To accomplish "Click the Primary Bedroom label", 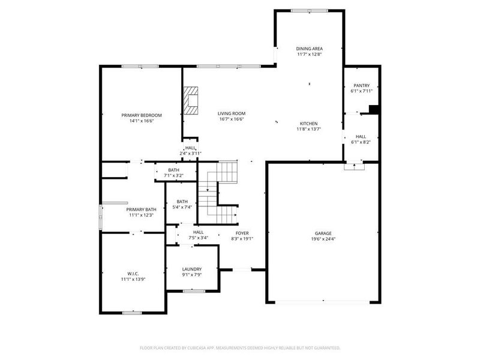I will pyautogui.click(x=142, y=115).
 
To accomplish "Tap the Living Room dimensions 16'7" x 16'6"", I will pyautogui.click(x=231, y=119).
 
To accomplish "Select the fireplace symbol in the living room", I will pyautogui.click(x=191, y=100).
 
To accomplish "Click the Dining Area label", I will pyautogui.click(x=310, y=49).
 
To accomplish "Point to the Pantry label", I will pyautogui.click(x=361, y=85).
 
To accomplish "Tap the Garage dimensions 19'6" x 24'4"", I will pyautogui.click(x=323, y=239).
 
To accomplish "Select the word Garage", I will pyautogui.click(x=323, y=233).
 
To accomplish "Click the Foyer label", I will pyautogui.click(x=242, y=233).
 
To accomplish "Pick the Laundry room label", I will pyautogui.click(x=192, y=269).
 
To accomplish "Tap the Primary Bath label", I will pyautogui.click(x=142, y=209).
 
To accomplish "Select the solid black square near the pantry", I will pyautogui.click(x=373, y=109).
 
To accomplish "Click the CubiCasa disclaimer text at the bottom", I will pyautogui.click(x=240, y=347).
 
